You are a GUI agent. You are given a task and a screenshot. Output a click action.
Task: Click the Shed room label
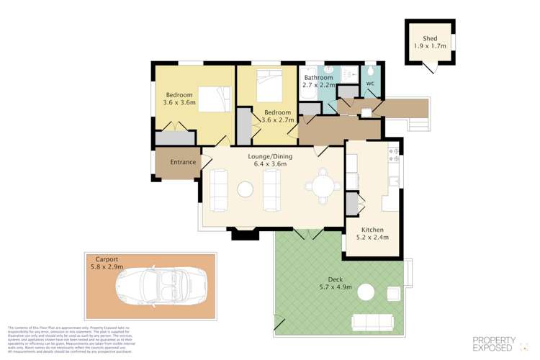tap(430, 38)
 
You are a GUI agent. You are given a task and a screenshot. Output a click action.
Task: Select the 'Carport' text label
tap(107, 258)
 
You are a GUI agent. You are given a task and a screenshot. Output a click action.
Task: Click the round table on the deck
tap(366, 292)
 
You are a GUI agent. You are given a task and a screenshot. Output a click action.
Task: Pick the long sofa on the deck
tap(372, 322)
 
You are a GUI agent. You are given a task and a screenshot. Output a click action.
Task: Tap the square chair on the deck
tap(393, 292)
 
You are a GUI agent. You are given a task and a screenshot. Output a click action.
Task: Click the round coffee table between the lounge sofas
tap(246, 189)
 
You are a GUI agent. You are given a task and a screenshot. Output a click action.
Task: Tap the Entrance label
tap(183, 162)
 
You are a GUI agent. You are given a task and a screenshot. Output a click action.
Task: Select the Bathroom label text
tap(318, 78)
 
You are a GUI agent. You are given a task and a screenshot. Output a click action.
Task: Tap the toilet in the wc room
tap(369, 71)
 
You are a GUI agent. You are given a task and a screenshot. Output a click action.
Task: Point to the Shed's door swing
tap(430, 68)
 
